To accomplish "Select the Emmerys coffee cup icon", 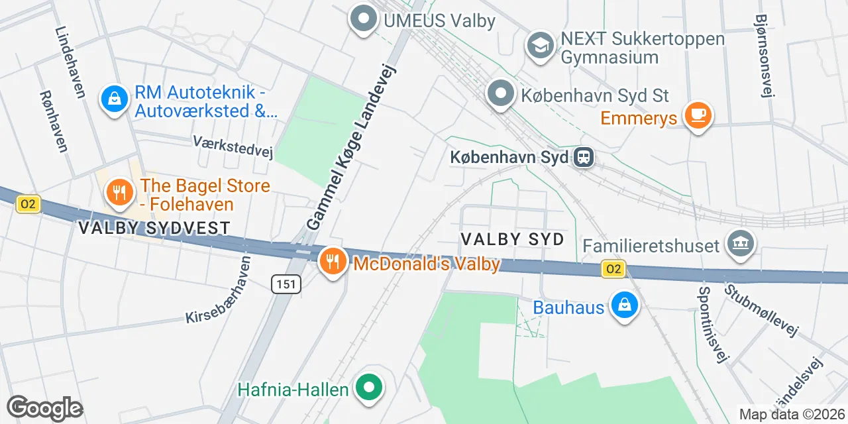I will click(697, 115).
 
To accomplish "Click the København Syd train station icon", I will click(584, 158).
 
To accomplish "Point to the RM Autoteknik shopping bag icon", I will click(115, 99).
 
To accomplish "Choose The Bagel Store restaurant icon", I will click(120, 193).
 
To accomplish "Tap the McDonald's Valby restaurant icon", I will click(333, 262).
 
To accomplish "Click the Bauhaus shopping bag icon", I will click(624, 305).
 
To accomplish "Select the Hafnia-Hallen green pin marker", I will click(369, 387).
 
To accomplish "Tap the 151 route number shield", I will click(286, 284).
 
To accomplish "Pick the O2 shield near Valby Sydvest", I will click(28, 204).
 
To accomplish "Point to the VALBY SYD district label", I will click(512, 239).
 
